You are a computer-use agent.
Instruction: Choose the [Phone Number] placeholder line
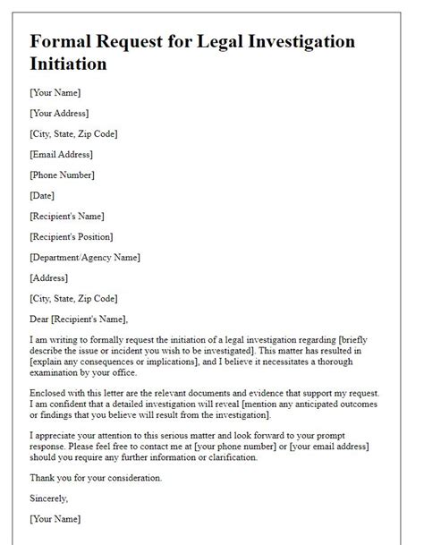[62, 175]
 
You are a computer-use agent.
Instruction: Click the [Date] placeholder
[42, 195]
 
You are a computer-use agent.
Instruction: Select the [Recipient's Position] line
[72, 236]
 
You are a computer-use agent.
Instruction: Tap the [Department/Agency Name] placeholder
[84, 257]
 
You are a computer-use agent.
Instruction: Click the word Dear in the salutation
[41, 319]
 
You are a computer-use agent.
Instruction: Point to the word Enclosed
[50, 393]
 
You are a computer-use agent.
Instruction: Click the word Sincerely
[48, 498]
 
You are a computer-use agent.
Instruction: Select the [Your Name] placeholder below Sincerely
[55, 519]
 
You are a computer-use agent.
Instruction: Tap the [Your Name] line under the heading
[55, 92]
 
